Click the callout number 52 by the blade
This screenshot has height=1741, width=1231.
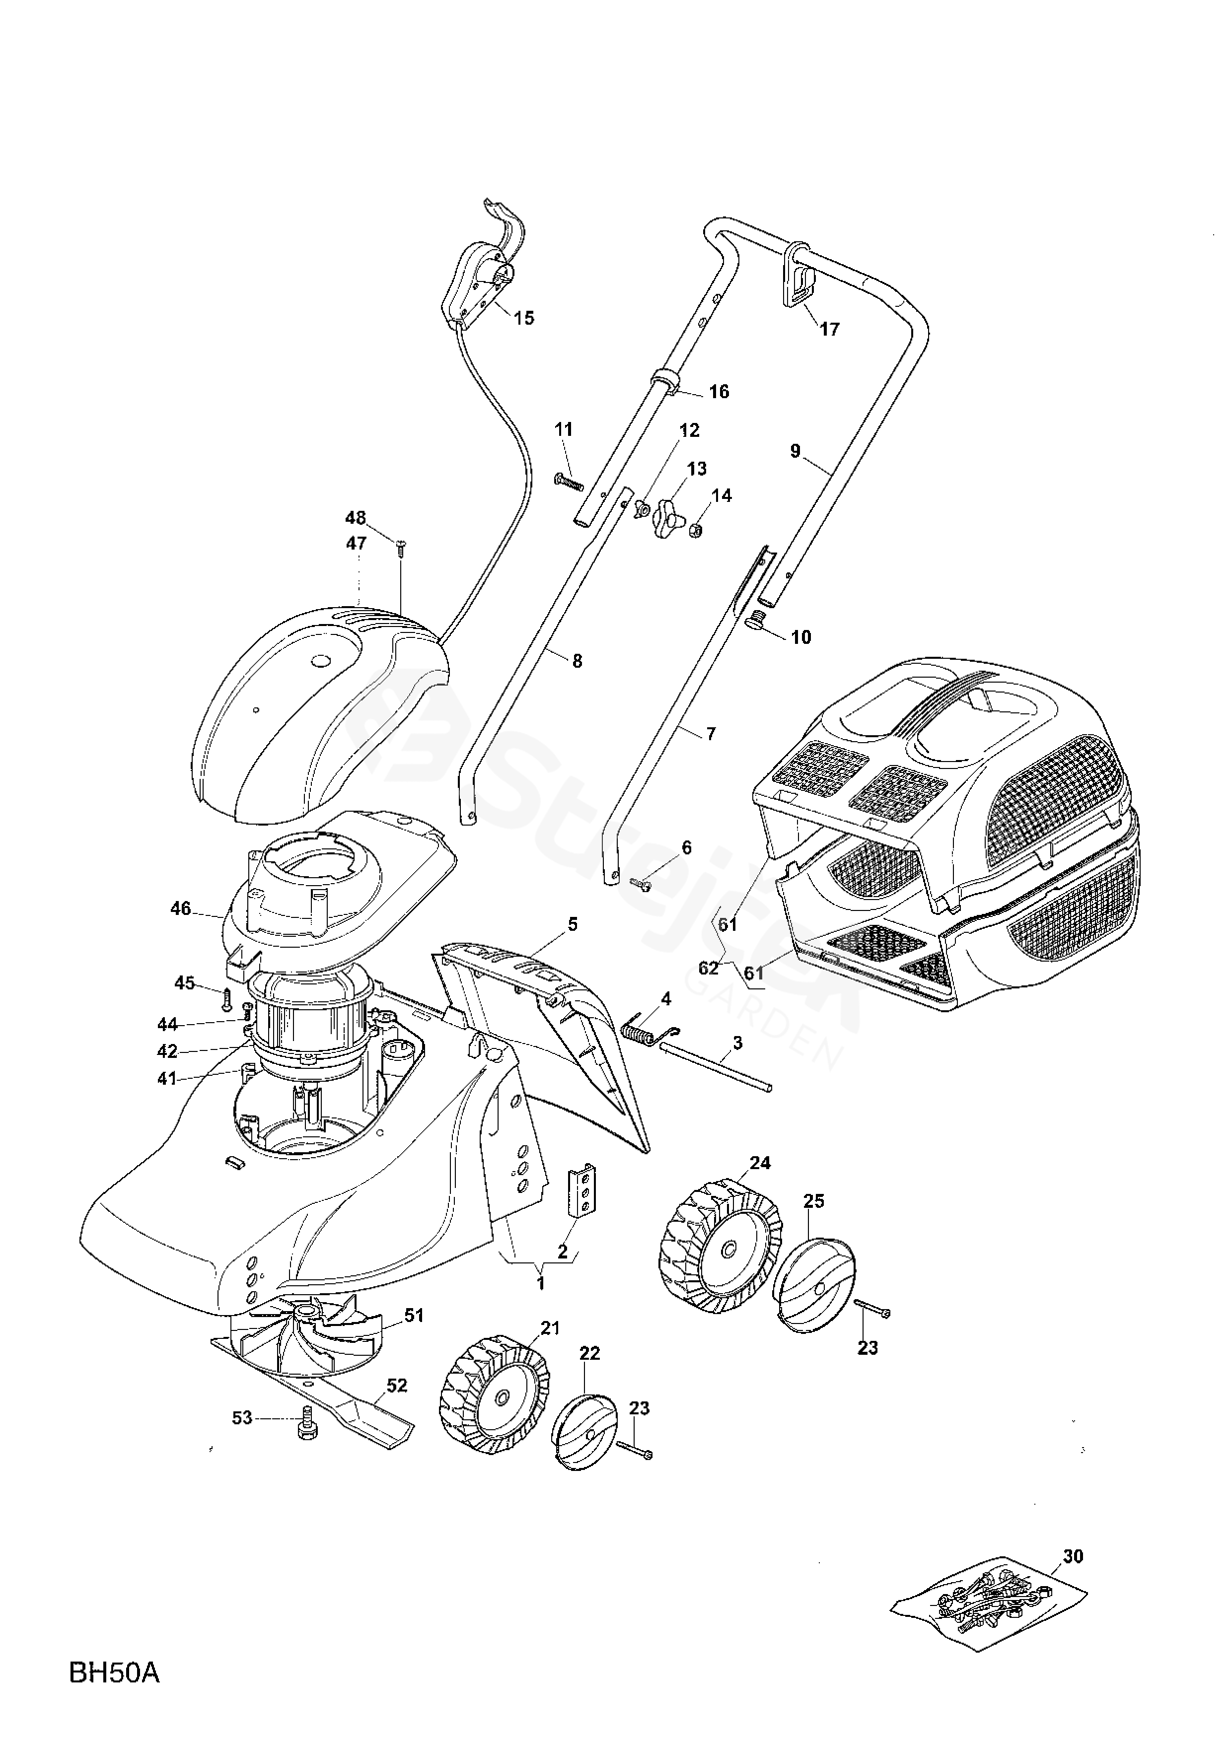point(397,1386)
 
